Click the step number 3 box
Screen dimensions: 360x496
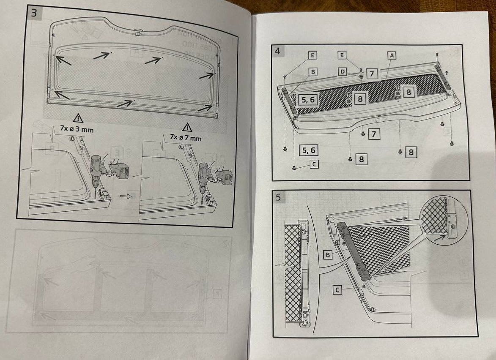pos(34,13)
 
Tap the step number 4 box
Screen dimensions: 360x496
pos(277,52)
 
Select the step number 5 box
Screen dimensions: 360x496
pos(278,196)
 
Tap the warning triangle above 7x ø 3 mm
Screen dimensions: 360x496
pos(78,118)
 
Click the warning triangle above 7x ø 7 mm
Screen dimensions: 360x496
pos(187,127)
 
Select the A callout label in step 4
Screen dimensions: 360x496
pos(392,55)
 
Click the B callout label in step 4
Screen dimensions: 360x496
pos(312,72)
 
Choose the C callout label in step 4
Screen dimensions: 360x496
pos(313,164)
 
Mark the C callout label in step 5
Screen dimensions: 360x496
pos(337,290)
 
